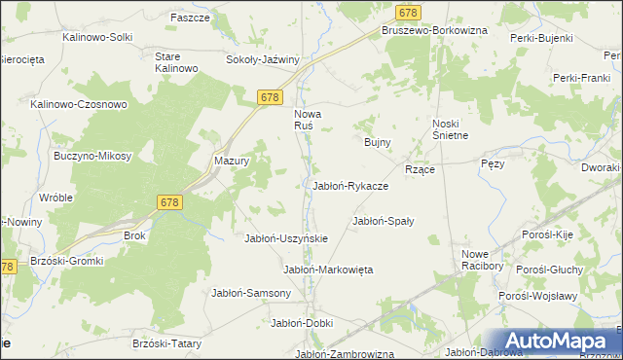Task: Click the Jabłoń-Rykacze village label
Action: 350,185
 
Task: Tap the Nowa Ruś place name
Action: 309,120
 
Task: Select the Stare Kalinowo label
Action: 176,62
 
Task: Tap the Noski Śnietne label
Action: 451,129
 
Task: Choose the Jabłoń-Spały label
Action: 383,221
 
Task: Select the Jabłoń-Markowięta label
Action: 328,269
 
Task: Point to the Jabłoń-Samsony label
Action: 251,292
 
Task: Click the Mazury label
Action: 232,162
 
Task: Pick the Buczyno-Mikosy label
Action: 92,156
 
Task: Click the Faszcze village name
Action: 190,18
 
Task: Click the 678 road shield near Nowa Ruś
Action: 271,97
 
